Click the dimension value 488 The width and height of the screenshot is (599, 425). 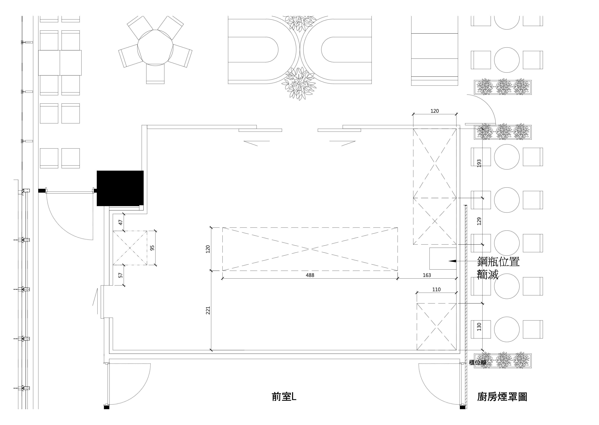(310, 275)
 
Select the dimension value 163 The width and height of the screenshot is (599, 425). (427, 275)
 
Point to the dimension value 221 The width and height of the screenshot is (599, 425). (208, 310)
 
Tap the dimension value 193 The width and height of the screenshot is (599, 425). (479, 163)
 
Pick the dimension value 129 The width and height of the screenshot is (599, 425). (479, 221)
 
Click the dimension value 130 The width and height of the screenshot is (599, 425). (479, 327)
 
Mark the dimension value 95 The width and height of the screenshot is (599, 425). (153, 247)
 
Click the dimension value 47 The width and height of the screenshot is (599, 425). (121, 222)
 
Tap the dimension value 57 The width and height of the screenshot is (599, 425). (121, 275)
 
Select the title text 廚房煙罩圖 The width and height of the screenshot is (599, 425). (502, 397)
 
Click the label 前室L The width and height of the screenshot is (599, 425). (284, 397)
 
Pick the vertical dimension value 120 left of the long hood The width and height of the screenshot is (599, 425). (208, 249)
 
